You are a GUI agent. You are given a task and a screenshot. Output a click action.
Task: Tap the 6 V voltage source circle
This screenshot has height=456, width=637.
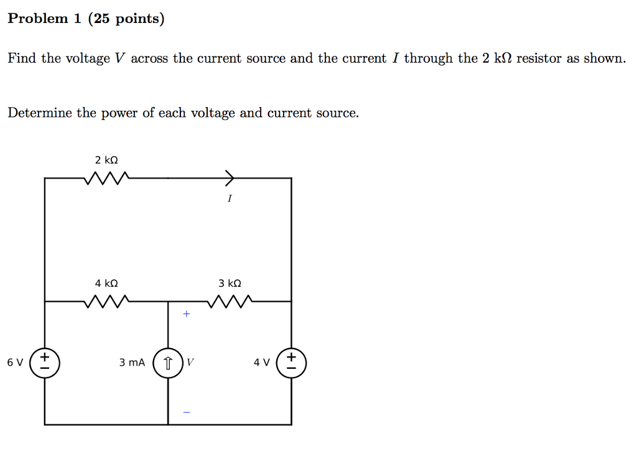[45, 363]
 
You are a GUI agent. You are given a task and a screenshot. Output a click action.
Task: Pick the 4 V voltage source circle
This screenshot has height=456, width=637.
[292, 363]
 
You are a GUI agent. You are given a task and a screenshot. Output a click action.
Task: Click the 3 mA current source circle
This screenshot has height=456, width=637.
[168, 363]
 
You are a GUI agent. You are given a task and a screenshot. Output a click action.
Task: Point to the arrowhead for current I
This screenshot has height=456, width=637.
[230, 178]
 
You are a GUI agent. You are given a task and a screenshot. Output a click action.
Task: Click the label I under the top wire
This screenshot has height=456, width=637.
[230, 198]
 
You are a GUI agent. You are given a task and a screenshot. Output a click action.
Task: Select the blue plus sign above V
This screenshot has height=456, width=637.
[185, 314]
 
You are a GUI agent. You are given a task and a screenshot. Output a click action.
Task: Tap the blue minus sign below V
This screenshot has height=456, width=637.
[185, 412]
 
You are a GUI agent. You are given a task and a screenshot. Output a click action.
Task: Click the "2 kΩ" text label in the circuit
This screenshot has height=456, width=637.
[106, 159]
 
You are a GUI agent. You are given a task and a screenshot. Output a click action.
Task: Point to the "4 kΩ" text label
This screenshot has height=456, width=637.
[106, 283]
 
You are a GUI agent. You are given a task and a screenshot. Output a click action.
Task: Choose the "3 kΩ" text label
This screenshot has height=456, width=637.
[230, 283]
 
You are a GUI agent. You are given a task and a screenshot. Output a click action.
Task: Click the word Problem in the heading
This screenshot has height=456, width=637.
[37, 19]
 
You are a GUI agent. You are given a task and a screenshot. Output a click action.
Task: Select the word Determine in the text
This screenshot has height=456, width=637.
[40, 113]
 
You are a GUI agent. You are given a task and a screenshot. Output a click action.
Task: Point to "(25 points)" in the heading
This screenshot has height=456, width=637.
[126, 19]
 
